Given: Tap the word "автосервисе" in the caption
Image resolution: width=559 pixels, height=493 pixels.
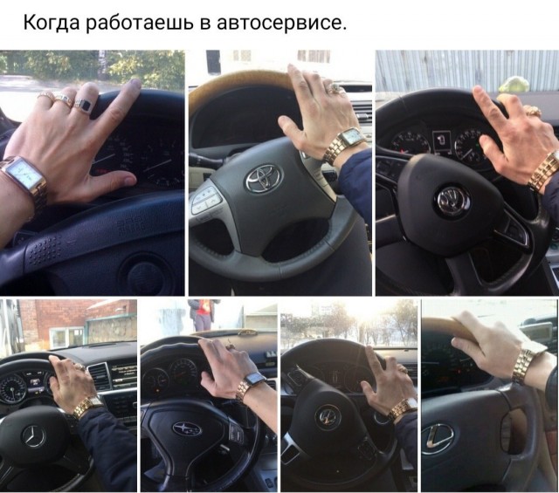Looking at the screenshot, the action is pyautogui.click(x=281, y=24).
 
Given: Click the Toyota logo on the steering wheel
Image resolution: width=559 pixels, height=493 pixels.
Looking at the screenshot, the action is pyautogui.click(x=263, y=178).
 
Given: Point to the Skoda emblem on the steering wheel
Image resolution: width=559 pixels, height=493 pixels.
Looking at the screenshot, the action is pyautogui.click(x=453, y=201).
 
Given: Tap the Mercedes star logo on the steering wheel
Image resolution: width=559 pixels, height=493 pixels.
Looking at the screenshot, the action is pyautogui.click(x=34, y=436).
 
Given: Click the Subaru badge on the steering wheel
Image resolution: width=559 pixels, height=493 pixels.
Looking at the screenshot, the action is pyautogui.click(x=187, y=429).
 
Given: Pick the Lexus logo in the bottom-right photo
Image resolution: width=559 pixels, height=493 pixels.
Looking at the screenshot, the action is pyautogui.click(x=437, y=439).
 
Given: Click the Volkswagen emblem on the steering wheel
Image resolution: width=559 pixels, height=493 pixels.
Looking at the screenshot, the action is pyautogui.click(x=328, y=417).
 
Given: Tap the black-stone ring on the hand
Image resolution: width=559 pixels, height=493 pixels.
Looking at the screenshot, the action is pyautogui.click(x=84, y=106).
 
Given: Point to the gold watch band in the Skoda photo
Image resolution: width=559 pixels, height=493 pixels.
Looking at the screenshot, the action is pyautogui.click(x=542, y=172).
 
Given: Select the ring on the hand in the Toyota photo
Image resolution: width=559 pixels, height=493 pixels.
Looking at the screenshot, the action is pyautogui.click(x=335, y=88).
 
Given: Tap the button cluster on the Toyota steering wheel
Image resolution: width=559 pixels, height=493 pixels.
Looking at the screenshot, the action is pyautogui.click(x=206, y=199).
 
